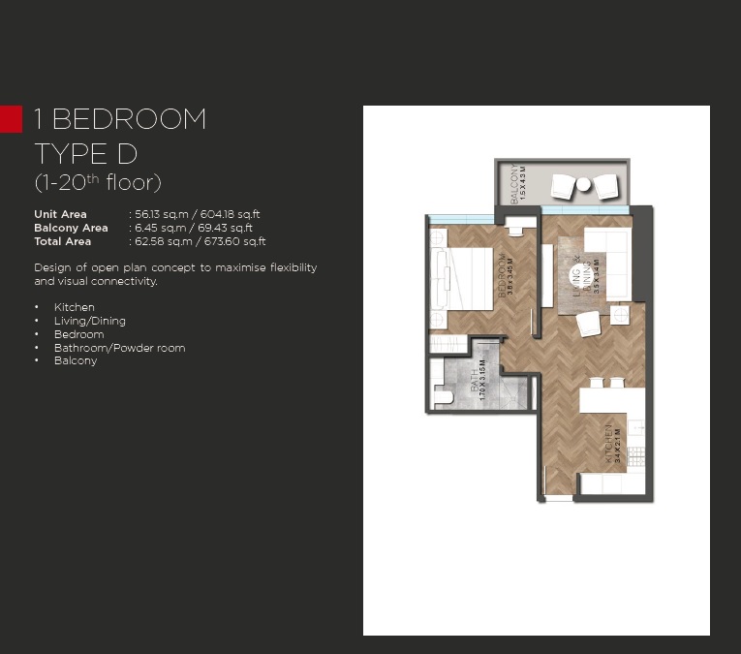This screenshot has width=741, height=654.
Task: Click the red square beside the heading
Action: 11,118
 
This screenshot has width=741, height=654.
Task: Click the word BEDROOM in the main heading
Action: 129,119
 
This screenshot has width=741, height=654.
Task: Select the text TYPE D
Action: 86,152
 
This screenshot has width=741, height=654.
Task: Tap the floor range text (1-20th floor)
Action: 97,182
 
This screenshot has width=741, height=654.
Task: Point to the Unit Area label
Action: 60,214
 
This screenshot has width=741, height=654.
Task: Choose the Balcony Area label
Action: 71,228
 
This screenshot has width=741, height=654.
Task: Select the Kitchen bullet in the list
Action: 75,307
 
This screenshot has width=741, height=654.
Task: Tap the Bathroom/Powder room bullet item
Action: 119,348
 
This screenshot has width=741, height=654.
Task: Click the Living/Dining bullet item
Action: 90,321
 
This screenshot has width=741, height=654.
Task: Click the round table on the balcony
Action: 585,184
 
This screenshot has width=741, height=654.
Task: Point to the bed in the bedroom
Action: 469,278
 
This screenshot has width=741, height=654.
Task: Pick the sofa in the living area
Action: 607,265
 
